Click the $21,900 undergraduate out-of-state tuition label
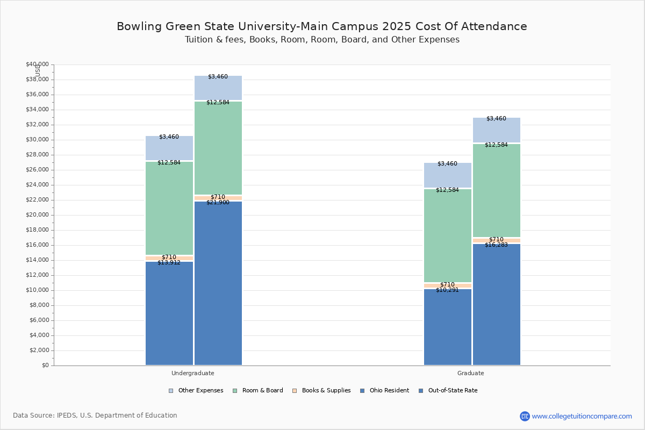coord(218,203)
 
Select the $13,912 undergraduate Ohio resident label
coord(169,262)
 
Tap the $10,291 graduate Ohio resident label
coord(447,290)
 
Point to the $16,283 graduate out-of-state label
coord(496,245)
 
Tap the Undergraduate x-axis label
coord(193,373)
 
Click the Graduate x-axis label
coord(471,373)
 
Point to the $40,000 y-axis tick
coord(37,64)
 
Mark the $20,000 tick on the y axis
coord(37,215)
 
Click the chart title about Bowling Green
coord(322,26)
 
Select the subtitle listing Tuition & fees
coord(322,40)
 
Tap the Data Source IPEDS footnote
coord(95,415)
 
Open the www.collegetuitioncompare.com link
coord(582,416)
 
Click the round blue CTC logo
coord(525,416)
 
